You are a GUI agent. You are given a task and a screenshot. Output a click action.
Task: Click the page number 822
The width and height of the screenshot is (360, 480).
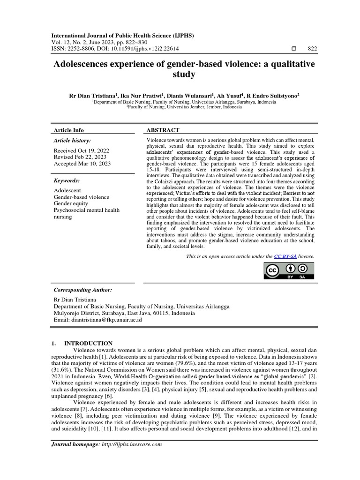(x=312, y=48)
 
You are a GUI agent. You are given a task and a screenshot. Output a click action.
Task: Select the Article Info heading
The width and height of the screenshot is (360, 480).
(x=69, y=130)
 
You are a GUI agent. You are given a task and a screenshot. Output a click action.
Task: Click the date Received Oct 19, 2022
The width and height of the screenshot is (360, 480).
(x=81, y=150)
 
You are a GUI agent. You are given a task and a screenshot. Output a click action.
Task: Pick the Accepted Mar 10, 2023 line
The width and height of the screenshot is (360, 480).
(x=82, y=164)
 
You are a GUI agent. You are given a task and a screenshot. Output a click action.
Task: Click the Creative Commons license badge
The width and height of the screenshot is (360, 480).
(x=289, y=271)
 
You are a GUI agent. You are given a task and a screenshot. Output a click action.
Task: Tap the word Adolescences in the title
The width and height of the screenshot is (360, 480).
(x=86, y=64)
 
